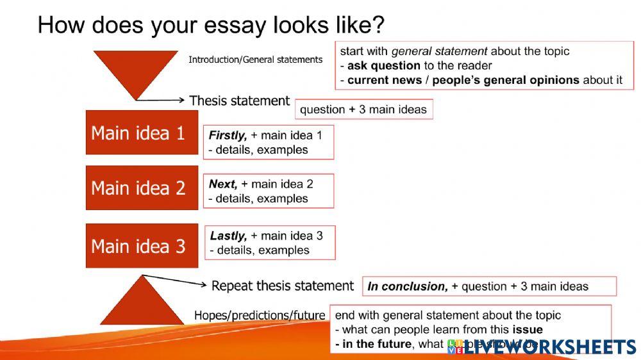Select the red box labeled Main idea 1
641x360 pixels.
(142, 133)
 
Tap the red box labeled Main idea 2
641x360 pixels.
(142, 188)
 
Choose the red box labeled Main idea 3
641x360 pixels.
(142, 245)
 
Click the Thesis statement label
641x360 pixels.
(240, 101)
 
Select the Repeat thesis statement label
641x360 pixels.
(282, 286)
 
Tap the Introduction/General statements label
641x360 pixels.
(255, 60)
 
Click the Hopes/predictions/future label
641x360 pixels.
(260, 316)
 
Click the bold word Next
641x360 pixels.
(222, 184)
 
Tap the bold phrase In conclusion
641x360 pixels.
(408, 286)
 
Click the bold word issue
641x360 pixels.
(528, 330)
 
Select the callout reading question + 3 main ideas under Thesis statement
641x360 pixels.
(363, 110)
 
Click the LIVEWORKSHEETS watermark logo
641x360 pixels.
(542, 347)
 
